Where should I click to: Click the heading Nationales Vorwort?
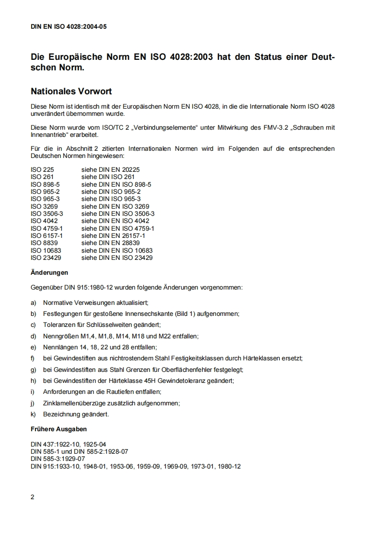click(x=71, y=91)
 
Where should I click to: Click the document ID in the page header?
click(x=69, y=27)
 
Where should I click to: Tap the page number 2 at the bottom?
click(x=33, y=497)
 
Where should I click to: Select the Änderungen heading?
click(x=49, y=273)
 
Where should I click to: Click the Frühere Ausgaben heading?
click(x=58, y=429)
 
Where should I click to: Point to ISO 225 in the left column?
click(x=42, y=169)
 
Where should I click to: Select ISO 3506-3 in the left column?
click(x=46, y=213)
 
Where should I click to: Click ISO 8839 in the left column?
click(x=44, y=243)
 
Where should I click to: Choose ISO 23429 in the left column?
click(x=46, y=258)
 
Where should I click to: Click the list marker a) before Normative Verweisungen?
click(x=34, y=303)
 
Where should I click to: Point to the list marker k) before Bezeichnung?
click(x=34, y=414)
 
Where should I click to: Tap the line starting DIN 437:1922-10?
click(x=68, y=444)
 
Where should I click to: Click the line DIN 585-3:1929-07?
click(x=58, y=459)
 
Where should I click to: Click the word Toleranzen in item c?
click(x=58, y=325)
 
